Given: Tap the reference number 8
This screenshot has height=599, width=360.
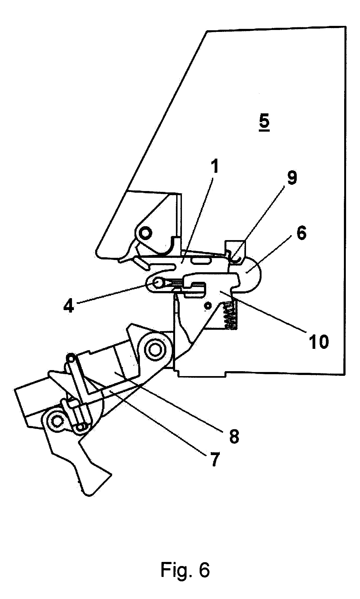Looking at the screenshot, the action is (233, 435).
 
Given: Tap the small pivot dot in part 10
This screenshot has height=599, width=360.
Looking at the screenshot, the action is (208, 306).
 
